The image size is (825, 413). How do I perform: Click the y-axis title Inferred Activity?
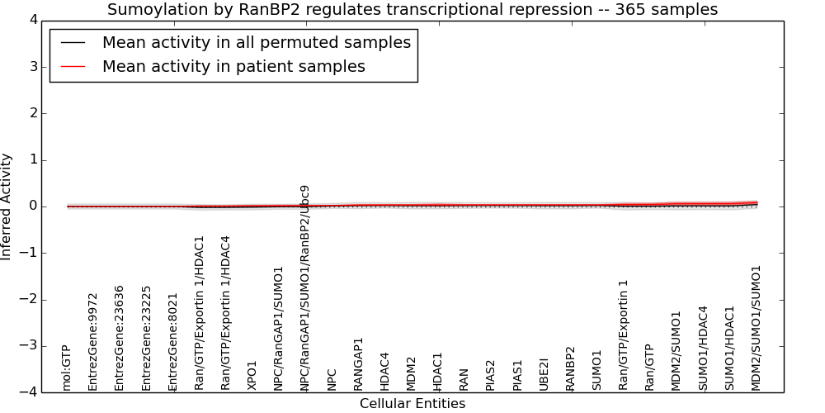click(6, 206)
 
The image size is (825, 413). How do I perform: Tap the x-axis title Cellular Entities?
click(412, 404)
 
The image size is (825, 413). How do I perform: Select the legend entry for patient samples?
click(233, 66)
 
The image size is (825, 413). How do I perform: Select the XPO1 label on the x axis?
click(252, 376)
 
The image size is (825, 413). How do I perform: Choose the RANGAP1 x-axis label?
click(358, 364)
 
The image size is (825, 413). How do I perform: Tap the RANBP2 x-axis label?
click(570, 368)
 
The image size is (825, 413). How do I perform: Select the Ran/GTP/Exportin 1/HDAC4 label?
click(225, 313)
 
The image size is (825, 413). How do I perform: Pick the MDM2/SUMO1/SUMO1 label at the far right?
click(756, 328)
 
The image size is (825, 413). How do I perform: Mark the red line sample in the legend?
click(73, 67)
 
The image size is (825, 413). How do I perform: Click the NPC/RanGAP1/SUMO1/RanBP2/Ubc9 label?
click(304, 288)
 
